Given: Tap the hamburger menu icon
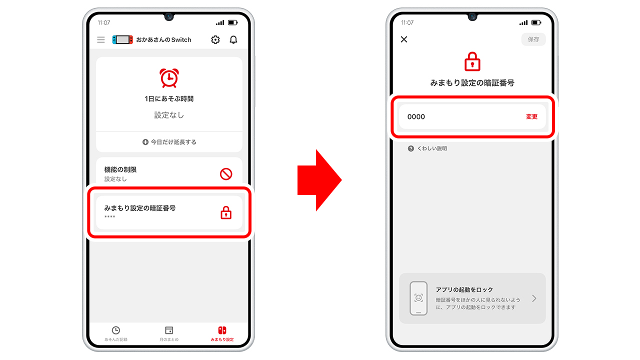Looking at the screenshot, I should (101, 39).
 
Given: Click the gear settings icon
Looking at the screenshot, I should (215, 39).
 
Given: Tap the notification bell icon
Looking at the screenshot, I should (233, 39).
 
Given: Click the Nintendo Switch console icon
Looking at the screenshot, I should (122, 39).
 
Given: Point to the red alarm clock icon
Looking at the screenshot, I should (169, 77).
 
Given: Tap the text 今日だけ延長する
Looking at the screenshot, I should (173, 142).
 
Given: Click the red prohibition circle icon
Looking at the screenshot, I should (226, 174).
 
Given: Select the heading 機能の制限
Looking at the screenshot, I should (120, 169).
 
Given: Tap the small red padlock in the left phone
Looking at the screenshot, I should (226, 213).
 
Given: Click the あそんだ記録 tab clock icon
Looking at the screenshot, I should (116, 330).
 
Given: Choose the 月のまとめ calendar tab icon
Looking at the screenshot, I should (169, 330).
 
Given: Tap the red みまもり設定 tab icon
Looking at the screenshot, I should (222, 330).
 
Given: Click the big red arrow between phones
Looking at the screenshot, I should (319, 180).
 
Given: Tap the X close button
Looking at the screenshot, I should (404, 39).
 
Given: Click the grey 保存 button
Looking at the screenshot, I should (533, 39).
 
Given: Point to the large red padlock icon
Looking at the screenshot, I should (472, 62).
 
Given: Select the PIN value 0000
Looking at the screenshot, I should (416, 116).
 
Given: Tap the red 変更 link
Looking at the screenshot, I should (531, 116).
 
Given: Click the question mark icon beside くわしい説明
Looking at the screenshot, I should (411, 148).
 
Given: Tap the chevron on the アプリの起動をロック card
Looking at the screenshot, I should (534, 298).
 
